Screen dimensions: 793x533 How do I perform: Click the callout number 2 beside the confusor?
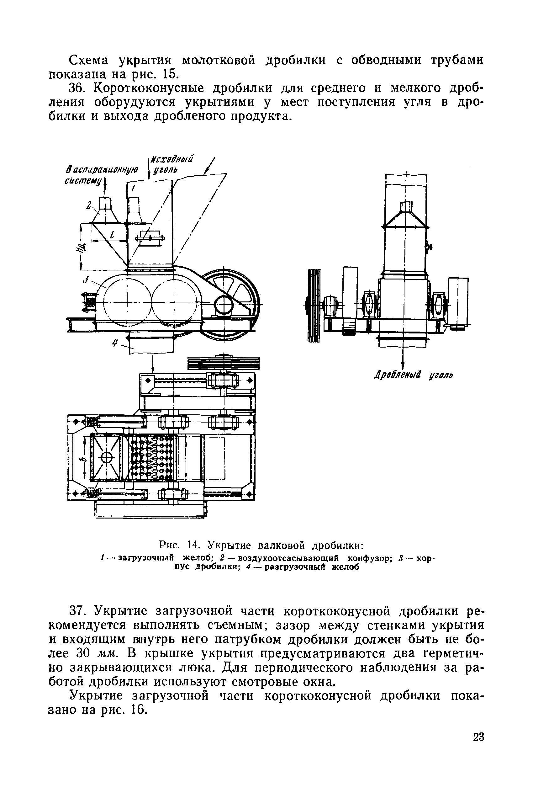point(89,205)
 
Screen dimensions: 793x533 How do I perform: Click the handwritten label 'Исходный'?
point(172,159)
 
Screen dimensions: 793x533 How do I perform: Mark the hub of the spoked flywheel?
point(224,301)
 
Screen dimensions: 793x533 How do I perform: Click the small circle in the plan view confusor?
point(106,457)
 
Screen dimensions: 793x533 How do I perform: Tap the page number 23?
point(478,747)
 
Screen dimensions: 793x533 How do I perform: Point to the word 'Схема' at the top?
point(89,60)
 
